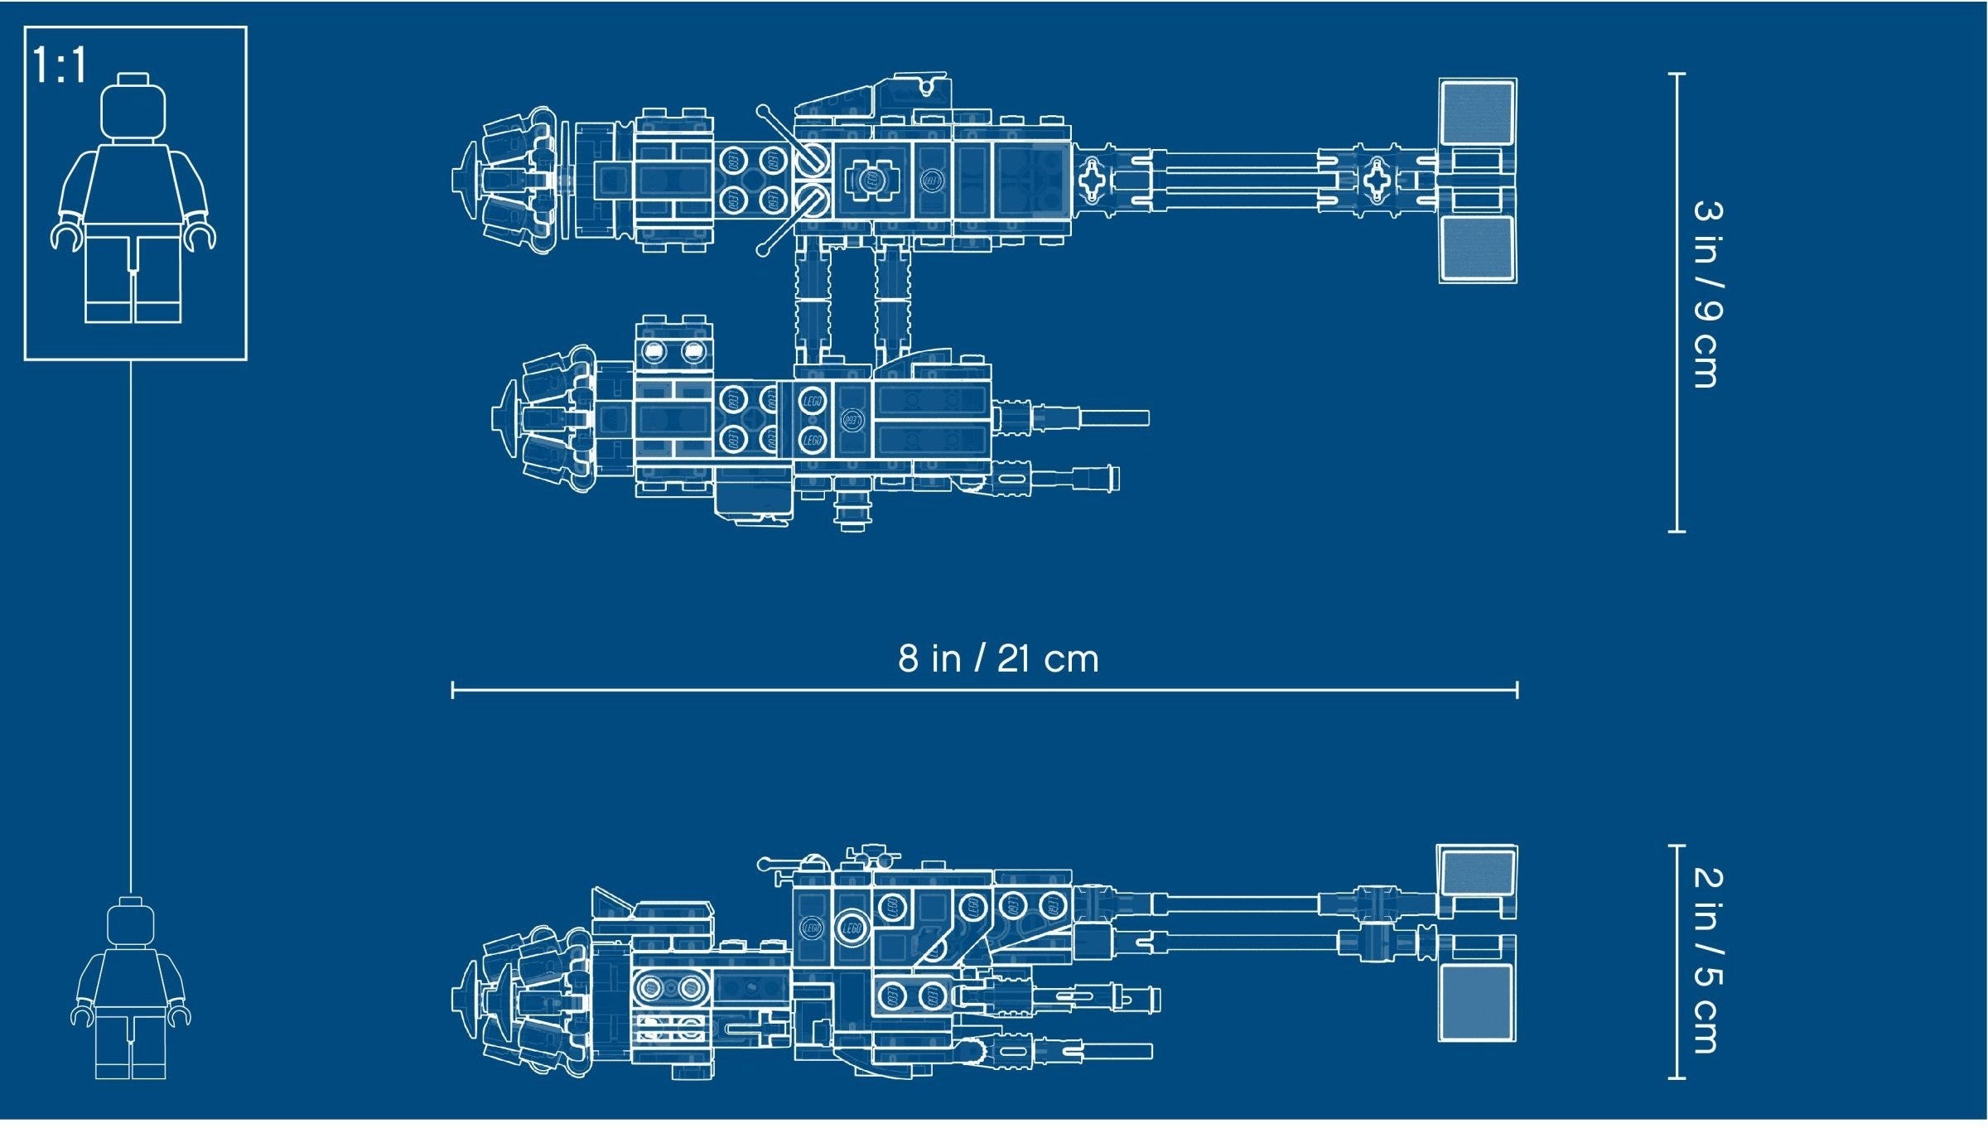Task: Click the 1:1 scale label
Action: [x=59, y=65]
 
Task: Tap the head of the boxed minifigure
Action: [x=133, y=108]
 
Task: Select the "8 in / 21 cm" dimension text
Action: [x=998, y=658]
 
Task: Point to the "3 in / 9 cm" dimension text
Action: [x=1707, y=294]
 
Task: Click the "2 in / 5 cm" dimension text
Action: [x=1707, y=961]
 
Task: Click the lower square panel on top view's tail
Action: [x=1477, y=248]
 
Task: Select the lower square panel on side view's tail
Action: [x=1477, y=1002]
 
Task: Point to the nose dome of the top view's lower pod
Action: [x=505, y=418]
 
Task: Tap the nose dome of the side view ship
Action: [x=466, y=999]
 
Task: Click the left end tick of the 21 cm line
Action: [x=452, y=689]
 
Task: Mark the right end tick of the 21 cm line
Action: [x=1517, y=689]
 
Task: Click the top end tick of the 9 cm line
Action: [x=1677, y=74]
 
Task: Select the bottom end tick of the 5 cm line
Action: [x=1677, y=1078]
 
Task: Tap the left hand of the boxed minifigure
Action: [x=67, y=236]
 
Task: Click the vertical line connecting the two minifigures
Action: [x=131, y=628]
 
